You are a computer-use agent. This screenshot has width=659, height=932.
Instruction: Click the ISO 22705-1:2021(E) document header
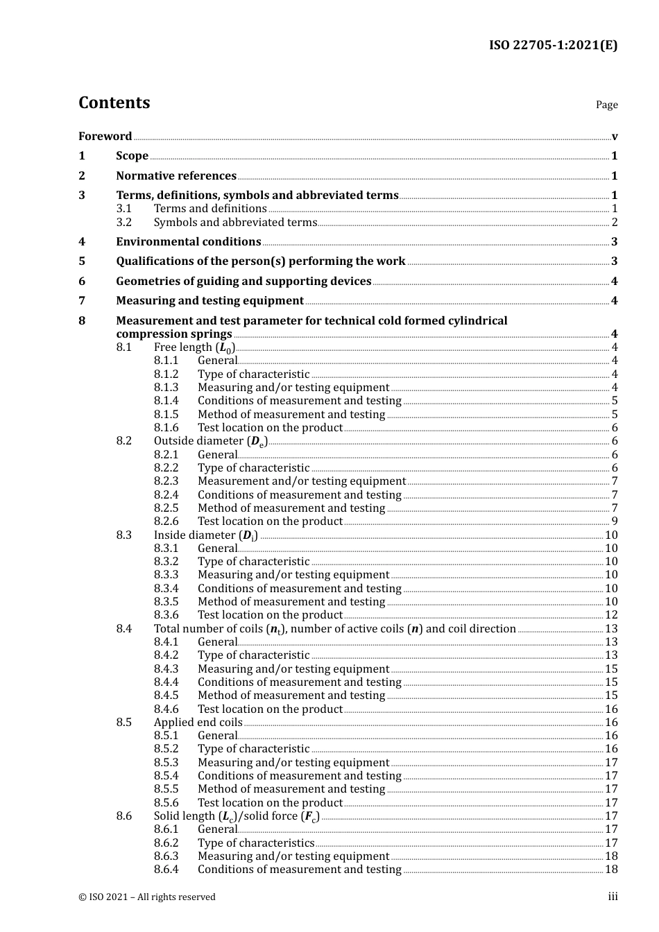click(x=553, y=46)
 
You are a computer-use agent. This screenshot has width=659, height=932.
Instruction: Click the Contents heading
click(x=114, y=103)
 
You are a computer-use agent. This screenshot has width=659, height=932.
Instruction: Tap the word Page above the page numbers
click(x=606, y=105)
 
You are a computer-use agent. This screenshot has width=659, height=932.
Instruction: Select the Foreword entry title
click(x=105, y=137)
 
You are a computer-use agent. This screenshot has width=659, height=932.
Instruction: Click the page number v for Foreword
click(x=615, y=137)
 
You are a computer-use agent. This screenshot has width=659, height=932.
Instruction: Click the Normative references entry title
click(x=176, y=176)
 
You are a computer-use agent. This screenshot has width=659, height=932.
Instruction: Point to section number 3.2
click(x=124, y=223)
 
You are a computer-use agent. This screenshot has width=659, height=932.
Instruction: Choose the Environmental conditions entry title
click(x=189, y=242)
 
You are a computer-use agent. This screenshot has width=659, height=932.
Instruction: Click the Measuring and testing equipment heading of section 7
click(x=209, y=301)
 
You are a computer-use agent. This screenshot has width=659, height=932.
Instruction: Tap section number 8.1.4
click(x=166, y=401)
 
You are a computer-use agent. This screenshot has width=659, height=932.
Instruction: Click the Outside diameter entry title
click(x=210, y=441)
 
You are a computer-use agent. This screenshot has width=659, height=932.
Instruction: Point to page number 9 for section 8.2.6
click(x=615, y=521)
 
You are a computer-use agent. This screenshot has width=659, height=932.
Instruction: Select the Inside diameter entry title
click(x=205, y=535)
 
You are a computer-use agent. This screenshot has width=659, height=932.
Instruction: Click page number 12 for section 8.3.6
click(x=611, y=615)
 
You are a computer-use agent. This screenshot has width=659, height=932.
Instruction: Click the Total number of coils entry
click(x=334, y=629)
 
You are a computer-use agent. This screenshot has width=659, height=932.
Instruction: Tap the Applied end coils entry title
click(x=198, y=723)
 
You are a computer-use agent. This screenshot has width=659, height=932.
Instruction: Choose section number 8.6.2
click(x=166, y=843)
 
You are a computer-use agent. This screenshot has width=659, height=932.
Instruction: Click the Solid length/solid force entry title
click(x=237, y=816)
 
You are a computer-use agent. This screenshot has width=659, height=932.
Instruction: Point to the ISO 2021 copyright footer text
click(x=147, y=897)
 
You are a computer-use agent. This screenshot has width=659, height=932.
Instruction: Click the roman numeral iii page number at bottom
click(x=613, y=897)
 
